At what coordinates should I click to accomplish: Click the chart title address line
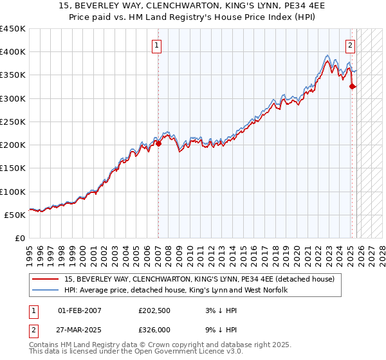[193, 6]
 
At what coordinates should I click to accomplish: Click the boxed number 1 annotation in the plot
[157, 45]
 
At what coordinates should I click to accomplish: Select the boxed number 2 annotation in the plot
[350, 45]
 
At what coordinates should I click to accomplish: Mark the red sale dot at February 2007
[158, 144]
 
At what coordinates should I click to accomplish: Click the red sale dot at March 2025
[352, 87]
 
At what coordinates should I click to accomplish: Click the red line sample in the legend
[46, 280]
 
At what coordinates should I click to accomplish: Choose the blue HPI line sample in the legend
[46, 291]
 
